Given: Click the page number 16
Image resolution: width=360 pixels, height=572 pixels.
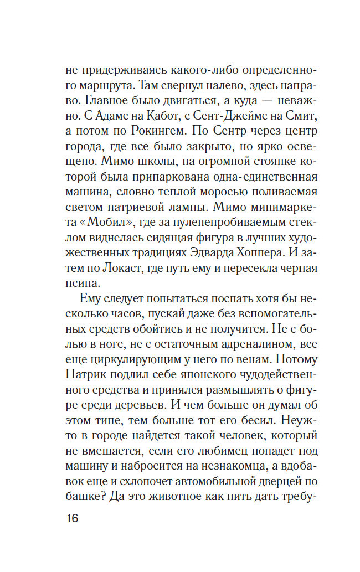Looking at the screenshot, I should tap(71, 519).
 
